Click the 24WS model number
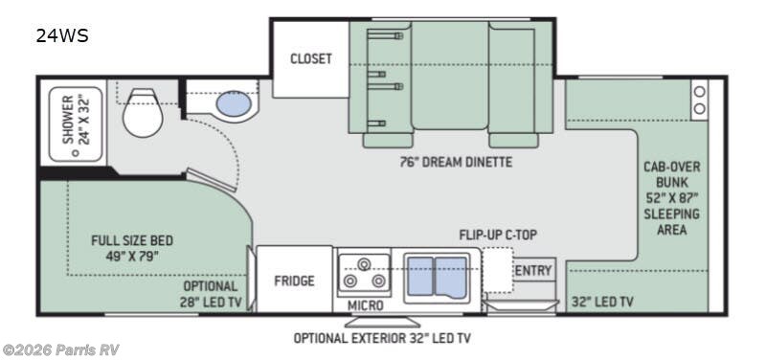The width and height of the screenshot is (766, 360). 63,36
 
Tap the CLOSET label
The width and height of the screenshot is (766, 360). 311,58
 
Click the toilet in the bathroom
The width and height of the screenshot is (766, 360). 143,114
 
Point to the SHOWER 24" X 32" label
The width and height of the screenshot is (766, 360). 75,119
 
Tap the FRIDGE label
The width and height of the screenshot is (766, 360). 295,281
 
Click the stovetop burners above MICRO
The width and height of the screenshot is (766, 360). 364,272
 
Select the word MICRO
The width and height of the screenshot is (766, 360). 365,305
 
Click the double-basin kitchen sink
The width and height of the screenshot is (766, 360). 437,274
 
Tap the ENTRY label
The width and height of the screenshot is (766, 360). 533,271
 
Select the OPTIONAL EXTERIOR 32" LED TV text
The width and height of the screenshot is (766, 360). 382,338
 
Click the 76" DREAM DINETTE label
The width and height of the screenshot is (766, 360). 455,162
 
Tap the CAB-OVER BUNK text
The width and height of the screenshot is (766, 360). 671,174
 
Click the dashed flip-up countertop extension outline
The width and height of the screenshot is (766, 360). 497,269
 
